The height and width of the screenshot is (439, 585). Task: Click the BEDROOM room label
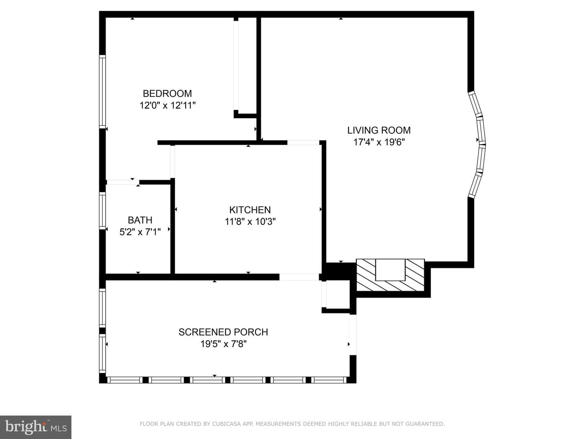click(167, 93)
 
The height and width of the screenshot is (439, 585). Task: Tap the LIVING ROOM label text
click(379, 130)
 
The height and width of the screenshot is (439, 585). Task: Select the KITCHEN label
click(250, 210)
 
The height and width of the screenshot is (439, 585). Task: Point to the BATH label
click(140, 220)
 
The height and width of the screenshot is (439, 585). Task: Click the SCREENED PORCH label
click(223, 332)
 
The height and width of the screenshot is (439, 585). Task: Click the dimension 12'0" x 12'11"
click(167, 106)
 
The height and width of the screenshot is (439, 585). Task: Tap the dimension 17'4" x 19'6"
click(379, 142)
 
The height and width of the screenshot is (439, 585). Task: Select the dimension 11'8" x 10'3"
click(250, 222)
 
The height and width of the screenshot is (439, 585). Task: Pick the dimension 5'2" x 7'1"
click(140, 232)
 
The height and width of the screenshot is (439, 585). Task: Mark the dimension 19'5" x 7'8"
click(223, 344)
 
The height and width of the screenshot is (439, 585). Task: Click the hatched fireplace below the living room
click(390, 275)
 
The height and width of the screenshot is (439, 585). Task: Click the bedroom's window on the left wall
click(102, 91)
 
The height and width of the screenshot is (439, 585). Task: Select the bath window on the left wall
click(102, 211)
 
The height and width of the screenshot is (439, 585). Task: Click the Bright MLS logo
click(36, 427)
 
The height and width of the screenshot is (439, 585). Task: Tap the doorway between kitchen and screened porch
click(299, 277)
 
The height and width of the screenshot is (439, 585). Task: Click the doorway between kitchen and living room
click(303, 143)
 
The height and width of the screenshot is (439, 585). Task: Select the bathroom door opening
click(123, 183)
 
